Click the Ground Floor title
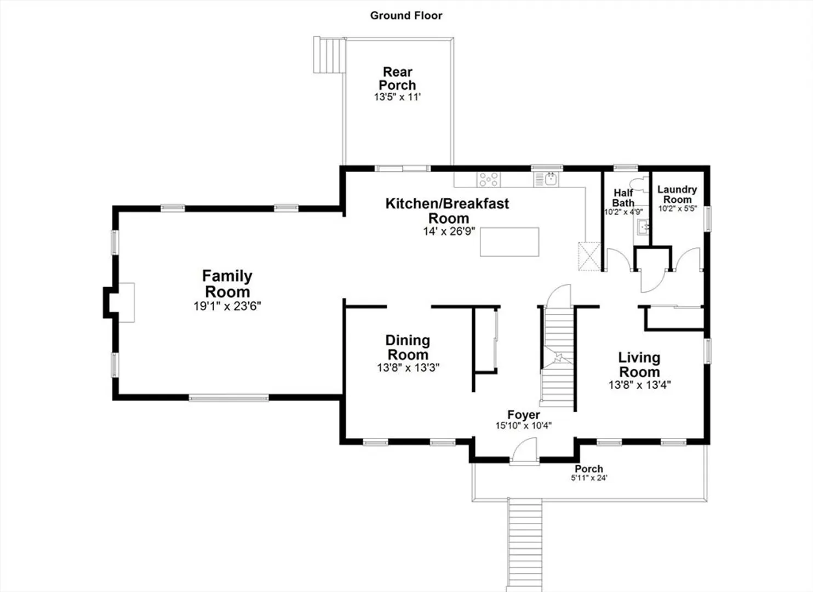tap(406, 15)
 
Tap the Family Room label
tap(227, 283)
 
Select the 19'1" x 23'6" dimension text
tap(227, 306)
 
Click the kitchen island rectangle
tap(509, 242)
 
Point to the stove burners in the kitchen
tap(489, 179)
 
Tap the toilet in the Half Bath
tap(640, 185)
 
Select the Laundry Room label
tap(677, 195)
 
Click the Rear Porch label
tap(397, 78)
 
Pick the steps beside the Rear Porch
tap(329, 55)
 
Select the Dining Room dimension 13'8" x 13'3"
tap(408, 368)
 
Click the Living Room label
tap(639, 365)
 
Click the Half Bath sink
tap(644, 227)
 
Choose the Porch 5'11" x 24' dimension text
tap(589, 478)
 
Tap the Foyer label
tap(524, 415)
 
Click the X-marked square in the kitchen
tap(589, 257)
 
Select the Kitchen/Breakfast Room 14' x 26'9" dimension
tap(449, 231)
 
